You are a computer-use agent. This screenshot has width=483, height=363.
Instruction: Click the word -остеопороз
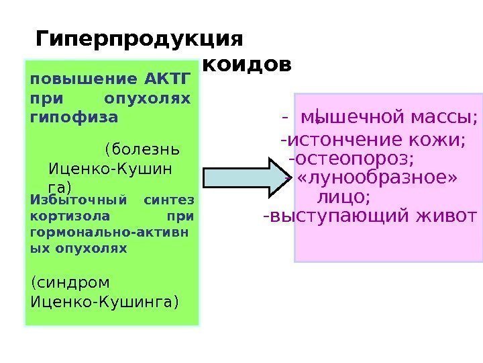click(351, 159)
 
